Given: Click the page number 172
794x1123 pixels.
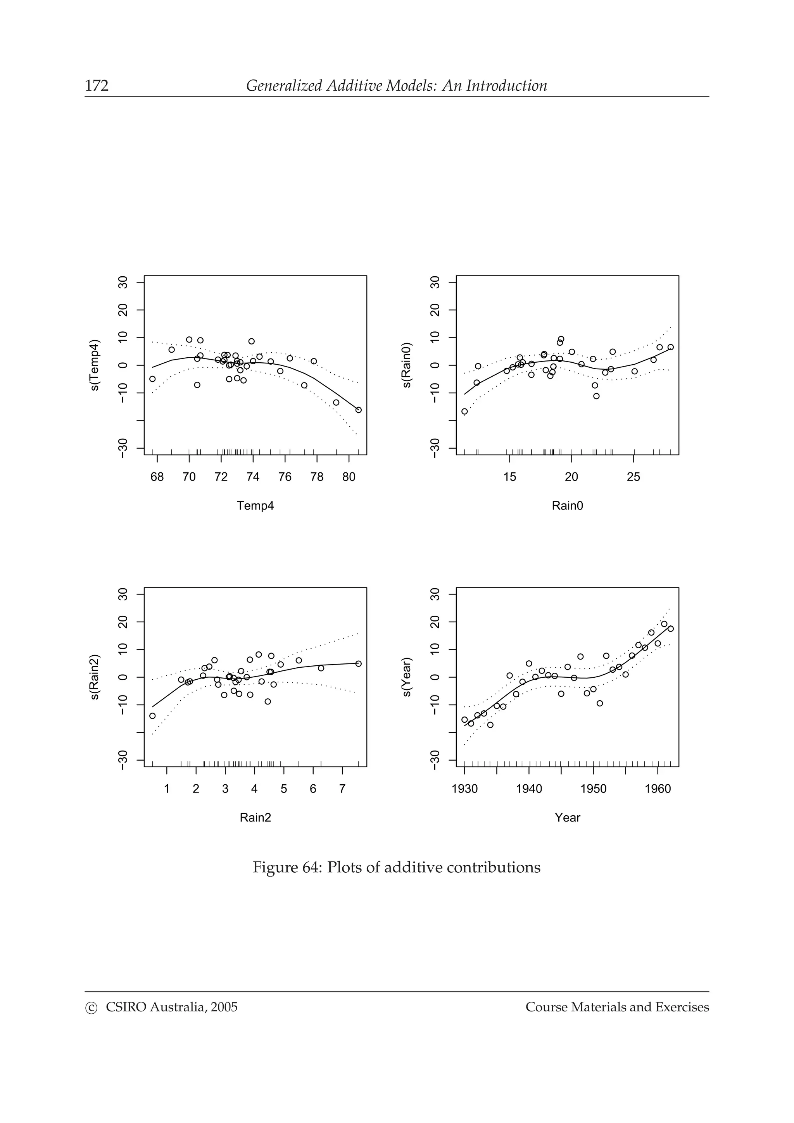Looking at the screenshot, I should pos(97,86).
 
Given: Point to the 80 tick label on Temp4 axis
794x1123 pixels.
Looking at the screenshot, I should pos(349,477).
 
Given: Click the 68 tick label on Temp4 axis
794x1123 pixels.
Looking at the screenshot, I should pos(157,477).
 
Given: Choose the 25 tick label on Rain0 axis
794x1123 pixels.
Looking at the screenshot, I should pos(633,477).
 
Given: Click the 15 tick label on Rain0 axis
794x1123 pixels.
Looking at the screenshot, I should pos(509,477).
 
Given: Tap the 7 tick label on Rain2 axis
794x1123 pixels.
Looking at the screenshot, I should pos(342,789).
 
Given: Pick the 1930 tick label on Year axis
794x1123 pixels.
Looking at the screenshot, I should pos(464,789).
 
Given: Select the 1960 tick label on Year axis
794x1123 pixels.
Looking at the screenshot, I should pos(658,789).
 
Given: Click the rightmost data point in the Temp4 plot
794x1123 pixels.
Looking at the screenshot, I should pos(358,410).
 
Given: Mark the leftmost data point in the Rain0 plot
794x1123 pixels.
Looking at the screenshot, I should pos(464,412).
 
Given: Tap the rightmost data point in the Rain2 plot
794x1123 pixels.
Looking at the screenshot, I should pos(358,664).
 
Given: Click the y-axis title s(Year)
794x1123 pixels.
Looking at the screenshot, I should pos(407,677).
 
